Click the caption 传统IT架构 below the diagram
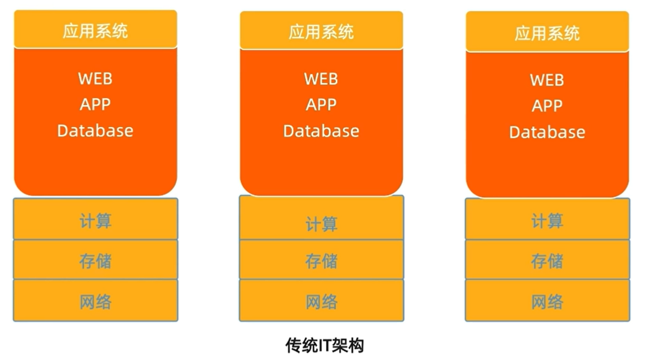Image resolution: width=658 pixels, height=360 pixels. coord(324,345)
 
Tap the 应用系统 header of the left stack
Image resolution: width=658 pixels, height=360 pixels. coord(95,30)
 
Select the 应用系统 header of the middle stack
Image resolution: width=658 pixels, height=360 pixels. coord(321,31)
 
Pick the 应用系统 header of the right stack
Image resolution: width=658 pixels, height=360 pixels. coord(547,32)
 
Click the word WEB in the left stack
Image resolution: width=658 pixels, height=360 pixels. coord(95,79)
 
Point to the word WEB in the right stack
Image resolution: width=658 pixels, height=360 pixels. coord(547,80)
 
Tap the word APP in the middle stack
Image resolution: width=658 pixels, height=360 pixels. coord(321,105)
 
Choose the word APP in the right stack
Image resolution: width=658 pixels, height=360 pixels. coord(547,106)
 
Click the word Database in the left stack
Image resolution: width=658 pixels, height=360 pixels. coord(95,130)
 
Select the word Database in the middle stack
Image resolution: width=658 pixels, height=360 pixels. coord(321,131)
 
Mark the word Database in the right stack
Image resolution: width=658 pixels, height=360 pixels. coord(547,132)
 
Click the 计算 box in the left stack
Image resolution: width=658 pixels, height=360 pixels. coord(95,219)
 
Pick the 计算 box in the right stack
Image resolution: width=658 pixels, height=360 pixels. coord(547,219)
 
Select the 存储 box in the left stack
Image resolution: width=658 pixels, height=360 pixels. coord(95,260)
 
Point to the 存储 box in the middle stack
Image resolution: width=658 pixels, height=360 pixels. coord(321,261)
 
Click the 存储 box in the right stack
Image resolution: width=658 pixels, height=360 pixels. coord(547,260)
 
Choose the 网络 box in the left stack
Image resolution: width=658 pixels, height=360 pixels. coord(95,301)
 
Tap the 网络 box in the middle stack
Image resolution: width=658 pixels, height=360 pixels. coord(321,301)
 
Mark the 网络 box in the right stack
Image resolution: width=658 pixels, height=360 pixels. coord(547,301)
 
